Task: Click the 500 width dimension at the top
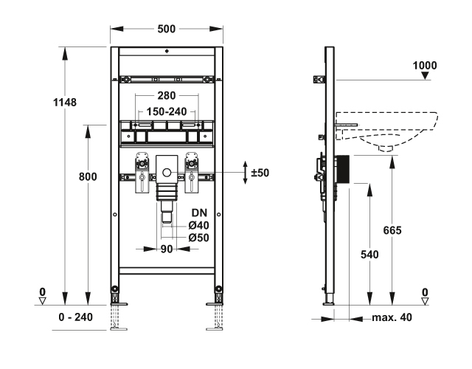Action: point(167,29)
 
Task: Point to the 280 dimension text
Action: point(167,96)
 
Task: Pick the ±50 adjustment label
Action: point(260,173)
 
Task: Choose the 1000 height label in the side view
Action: point(424,66)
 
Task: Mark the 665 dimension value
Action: point(392,231)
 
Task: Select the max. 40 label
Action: point(391,317)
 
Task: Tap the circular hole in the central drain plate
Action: point(167,175)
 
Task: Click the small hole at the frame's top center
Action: point(167,52)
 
